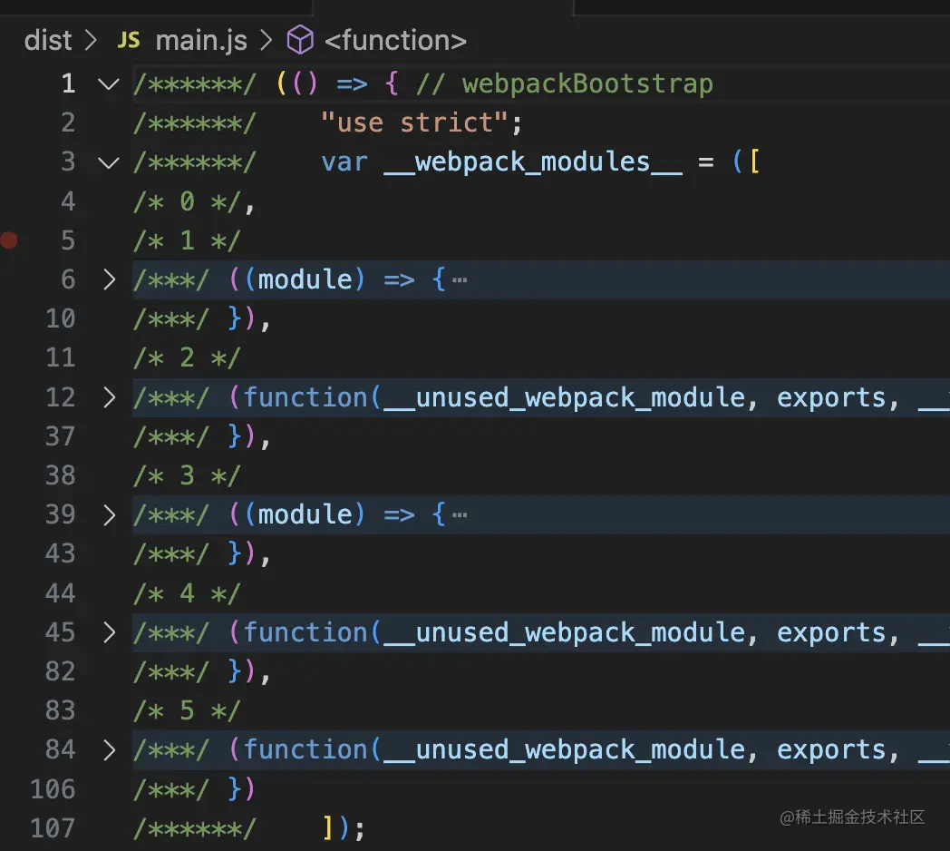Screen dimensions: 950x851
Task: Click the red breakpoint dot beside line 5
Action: point(8,240)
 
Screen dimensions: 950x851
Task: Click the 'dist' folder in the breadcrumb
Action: point(48,41)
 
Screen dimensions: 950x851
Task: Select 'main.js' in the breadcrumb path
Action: point(201,41)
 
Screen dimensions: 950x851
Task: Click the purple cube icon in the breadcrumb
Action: point(300,40)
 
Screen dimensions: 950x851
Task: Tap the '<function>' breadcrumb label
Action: point(395,41)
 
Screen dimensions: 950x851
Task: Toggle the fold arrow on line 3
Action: point(109,162)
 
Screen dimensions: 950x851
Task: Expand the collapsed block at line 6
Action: point(109,279)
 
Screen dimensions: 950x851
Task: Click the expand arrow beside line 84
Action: point(109,749)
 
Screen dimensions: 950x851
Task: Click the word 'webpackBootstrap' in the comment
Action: point(587,83)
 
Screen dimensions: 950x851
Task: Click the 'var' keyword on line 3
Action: point(344,162)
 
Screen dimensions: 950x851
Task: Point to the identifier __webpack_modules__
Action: point(533,162)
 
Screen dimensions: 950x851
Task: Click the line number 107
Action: point(53,828)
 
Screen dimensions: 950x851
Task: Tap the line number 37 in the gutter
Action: point(60,436)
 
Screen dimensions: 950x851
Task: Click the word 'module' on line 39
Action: point(305,515)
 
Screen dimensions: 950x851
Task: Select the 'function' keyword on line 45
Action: point(305,632)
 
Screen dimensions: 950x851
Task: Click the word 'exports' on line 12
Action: point(831,398)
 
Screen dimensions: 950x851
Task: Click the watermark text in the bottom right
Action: point(852,817)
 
